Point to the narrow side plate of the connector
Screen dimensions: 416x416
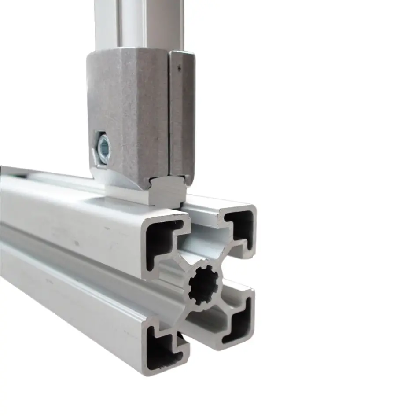point(182,114)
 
